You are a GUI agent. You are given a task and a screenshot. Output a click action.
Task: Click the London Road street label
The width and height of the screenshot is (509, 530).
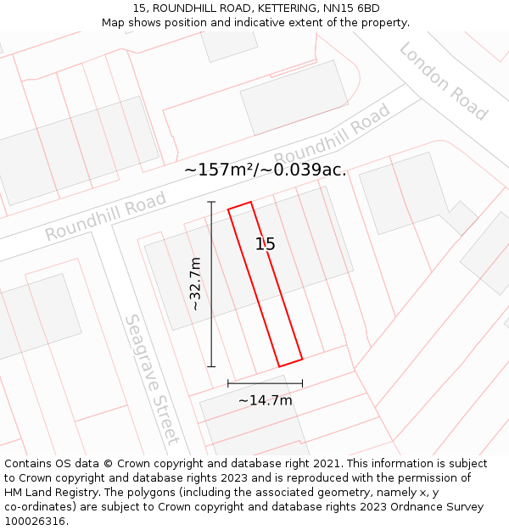point(444,81)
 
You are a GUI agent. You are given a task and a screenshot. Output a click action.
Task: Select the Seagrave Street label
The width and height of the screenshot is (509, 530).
point(152,379)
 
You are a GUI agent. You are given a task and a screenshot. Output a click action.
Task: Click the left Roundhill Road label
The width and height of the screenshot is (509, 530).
point(105,216)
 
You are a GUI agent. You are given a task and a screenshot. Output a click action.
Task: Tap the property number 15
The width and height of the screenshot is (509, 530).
point(266,244)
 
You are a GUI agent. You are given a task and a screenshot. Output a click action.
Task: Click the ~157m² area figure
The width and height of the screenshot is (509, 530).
point(219,170)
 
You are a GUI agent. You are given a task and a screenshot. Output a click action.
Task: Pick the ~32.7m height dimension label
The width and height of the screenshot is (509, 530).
point(196,283)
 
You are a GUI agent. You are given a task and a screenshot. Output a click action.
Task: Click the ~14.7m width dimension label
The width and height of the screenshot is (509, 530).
point(265,400)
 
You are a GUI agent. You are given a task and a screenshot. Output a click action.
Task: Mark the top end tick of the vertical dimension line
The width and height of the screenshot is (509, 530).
point(211,202)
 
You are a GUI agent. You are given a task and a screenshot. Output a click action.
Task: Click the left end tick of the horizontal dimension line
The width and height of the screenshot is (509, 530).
point(228,384)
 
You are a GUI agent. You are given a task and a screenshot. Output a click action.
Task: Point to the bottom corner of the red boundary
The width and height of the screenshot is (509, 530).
point(280,366)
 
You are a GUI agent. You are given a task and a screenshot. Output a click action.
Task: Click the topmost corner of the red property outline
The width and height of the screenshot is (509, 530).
point(251,202)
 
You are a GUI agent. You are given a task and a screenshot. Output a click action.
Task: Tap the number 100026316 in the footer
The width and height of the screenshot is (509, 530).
point(34,522)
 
